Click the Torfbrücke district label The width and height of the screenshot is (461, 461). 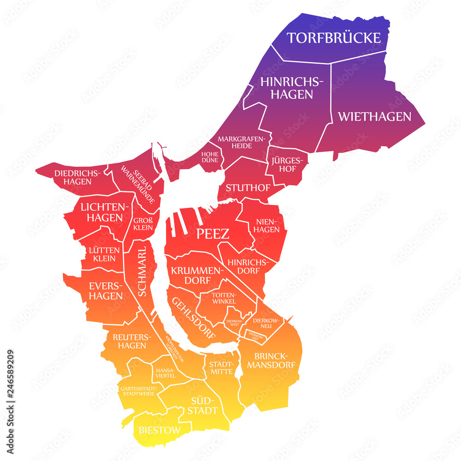334,37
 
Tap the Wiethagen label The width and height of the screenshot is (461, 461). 374,116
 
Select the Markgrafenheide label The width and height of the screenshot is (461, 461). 242,142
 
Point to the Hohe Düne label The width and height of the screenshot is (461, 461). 209,157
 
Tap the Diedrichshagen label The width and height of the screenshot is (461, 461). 77,177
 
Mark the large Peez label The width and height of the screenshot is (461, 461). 213,234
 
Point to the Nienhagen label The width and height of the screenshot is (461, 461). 267,225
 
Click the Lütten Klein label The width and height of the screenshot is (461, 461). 104,254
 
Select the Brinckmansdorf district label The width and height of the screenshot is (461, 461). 272,361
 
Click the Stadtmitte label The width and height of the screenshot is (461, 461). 221,367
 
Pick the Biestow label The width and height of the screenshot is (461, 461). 159,431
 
